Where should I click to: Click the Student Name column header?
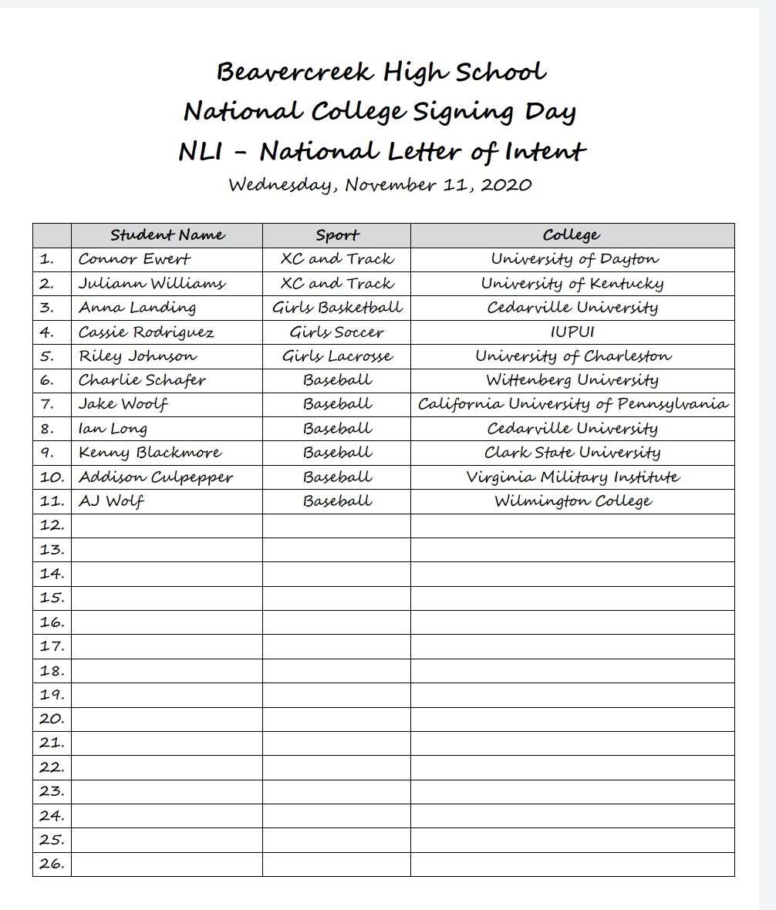point(167,235)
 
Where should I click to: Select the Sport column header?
point(337,235)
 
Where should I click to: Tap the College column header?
point(572,235)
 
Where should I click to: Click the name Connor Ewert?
point(134,259)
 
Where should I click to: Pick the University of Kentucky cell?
point(572,284)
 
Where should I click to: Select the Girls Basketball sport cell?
point(337,308)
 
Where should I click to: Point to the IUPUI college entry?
point(572,332)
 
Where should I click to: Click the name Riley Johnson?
point(137,356)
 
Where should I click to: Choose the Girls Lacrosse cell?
point(337,356)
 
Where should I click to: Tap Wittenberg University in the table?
point(572,380)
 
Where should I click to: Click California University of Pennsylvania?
point(572,404)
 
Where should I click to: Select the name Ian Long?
point(113,429)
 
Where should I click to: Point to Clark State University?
point(572,453)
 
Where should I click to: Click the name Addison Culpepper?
point(156,477)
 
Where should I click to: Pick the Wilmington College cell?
point(572,501)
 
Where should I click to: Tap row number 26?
point(52,864)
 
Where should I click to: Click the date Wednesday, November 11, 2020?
point(380,185)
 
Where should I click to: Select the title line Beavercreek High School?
point(381,72)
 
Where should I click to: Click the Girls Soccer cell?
point(337,332)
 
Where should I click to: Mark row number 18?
point(52,670)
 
